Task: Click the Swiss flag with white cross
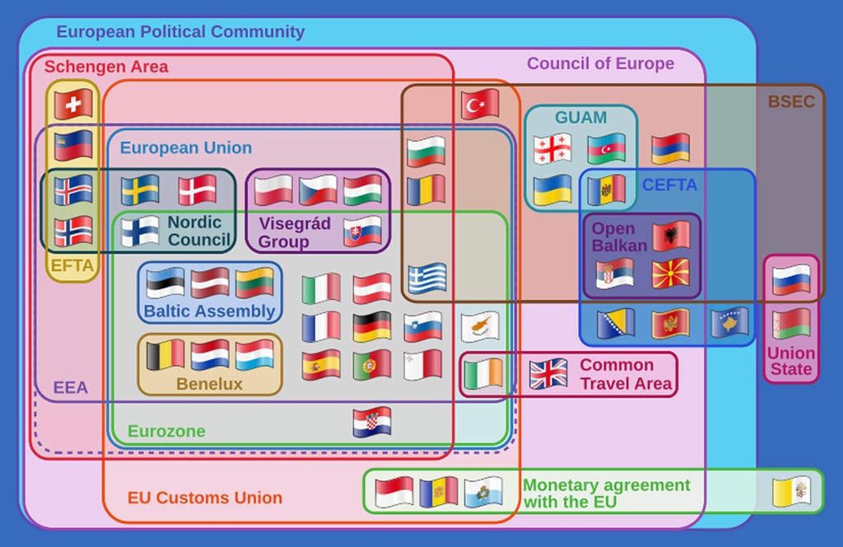73,105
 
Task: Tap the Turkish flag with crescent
480,104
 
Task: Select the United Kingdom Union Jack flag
548,373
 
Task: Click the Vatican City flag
791,492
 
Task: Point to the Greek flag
426,278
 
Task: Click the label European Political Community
180,32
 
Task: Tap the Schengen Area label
106,67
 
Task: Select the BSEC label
791,102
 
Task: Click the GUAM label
580,117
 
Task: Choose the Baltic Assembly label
209,311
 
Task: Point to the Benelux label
209,384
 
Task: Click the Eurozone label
166,431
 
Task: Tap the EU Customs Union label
204,498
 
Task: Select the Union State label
791,361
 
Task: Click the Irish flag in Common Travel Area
483,374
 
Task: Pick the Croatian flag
372,422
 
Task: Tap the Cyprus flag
480,326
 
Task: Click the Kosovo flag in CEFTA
729,323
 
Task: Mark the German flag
372,326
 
